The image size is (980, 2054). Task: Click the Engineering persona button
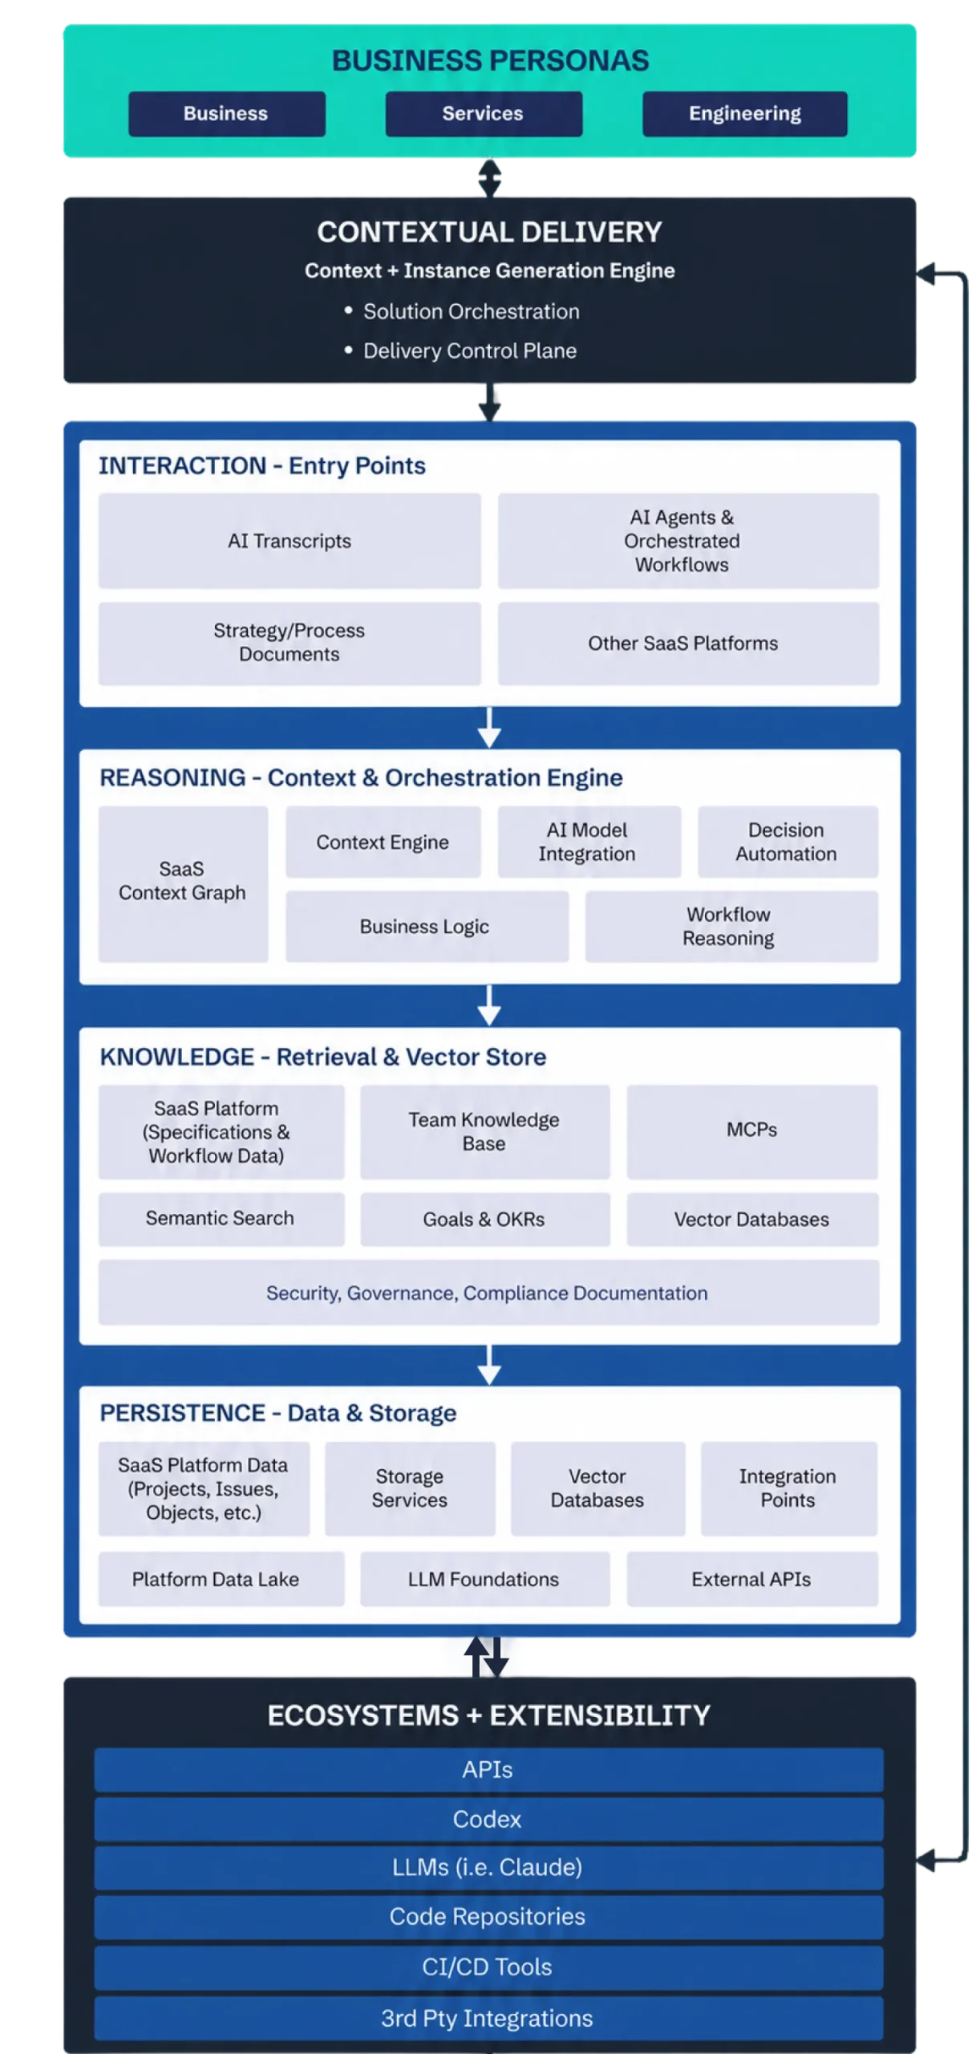click(744, 113)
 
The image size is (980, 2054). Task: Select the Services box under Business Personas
click(484, 113)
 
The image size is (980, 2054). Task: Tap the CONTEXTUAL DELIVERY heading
click(489, 232)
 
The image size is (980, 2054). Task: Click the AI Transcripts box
click(290, 541)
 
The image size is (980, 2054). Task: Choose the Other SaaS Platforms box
click(688, 643)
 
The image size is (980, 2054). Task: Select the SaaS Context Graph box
click(183, 883)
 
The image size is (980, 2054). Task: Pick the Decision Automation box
click(788, 842)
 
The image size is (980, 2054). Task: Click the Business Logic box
click(427, 927)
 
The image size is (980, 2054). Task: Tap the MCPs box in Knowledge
click(752, 1131)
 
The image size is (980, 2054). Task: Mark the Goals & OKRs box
click(484, 1220)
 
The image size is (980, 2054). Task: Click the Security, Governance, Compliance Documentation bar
click(488, 1293)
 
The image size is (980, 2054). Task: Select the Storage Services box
click(410, 1488)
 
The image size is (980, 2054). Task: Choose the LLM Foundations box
click(484, 1579)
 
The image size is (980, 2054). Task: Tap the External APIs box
click(752, 1579)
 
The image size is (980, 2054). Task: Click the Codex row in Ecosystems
click(488, 1819)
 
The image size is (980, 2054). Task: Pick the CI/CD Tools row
click(488, 1967)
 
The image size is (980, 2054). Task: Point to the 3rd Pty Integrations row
click(488, 2018)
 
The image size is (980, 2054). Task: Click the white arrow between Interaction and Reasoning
click(489, 727)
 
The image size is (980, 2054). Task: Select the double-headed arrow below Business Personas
click(489, 177)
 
